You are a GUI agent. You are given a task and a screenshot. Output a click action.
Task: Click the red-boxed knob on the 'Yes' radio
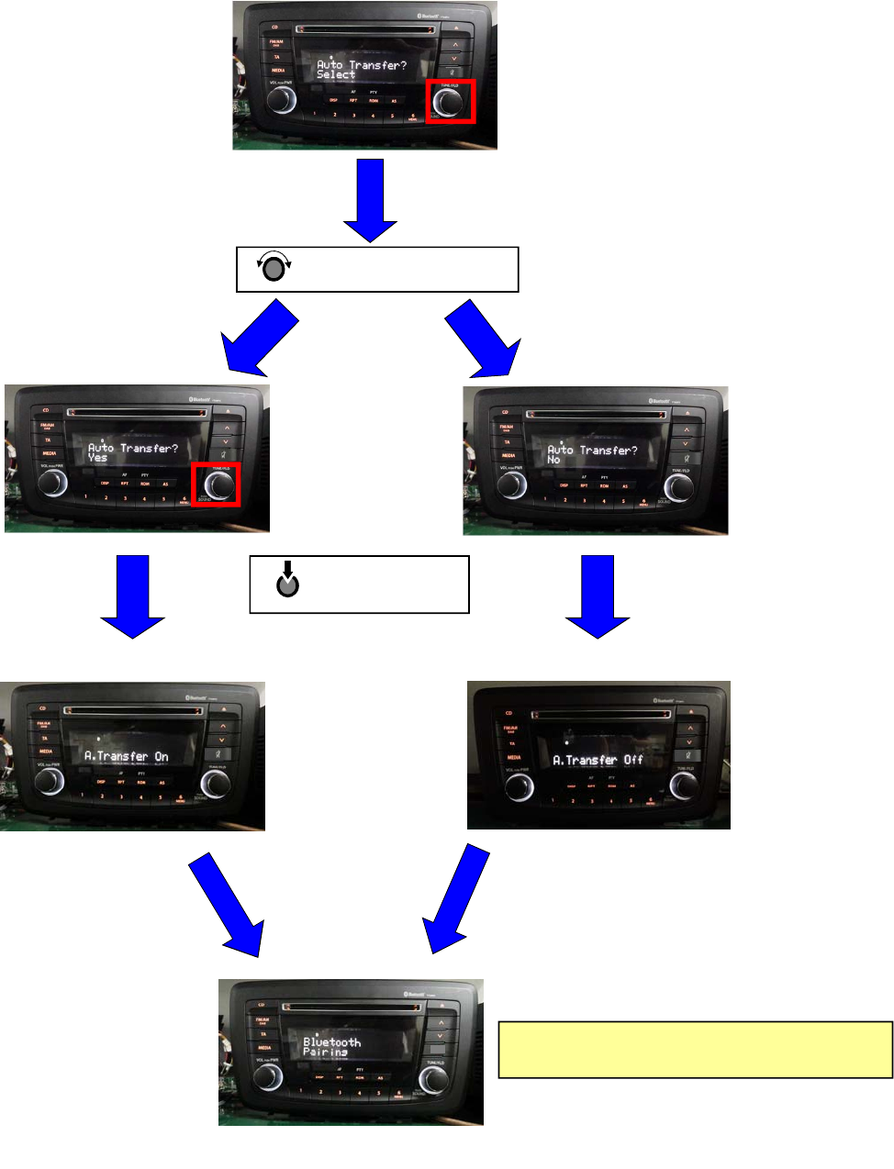[217, 485]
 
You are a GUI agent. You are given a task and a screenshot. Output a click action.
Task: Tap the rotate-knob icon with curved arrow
[274, 269]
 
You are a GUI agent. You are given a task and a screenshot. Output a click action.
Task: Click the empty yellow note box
[695, 1049]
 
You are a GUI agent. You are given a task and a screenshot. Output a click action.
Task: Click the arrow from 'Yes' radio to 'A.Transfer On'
[133, 597]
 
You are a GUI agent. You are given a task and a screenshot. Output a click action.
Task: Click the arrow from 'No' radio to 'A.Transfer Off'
[598, 597]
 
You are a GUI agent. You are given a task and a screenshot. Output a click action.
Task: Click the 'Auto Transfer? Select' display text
[361, 70]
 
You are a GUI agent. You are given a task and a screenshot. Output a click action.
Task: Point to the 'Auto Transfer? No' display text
[591, 454]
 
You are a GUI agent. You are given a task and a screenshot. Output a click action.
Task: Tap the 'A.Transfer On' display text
[127, 756]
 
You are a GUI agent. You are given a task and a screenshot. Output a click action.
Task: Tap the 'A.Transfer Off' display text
[598, 760]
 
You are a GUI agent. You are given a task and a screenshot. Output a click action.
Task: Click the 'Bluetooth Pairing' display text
[331, 1047]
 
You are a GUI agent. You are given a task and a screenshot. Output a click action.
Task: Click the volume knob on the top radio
[282, 100]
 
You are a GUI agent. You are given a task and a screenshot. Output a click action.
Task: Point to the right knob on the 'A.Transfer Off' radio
[683, 785]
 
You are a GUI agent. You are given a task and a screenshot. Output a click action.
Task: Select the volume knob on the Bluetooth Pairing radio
[268, 1077]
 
